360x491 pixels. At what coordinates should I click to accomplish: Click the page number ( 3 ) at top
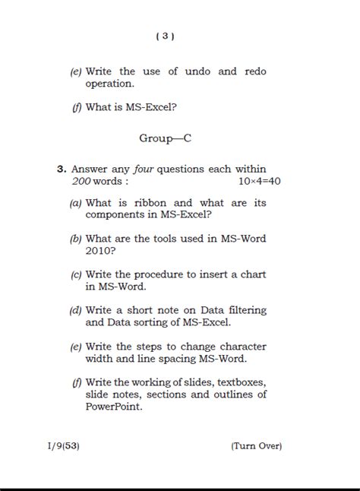(165, 36)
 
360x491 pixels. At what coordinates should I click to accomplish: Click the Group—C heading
(165, 138)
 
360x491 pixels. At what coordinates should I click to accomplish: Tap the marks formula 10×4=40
(259, 181)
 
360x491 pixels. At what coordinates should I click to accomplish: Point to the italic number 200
(81, 181)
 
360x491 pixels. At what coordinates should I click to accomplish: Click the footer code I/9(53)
(62, 446)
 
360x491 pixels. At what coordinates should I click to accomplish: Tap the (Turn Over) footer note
(256, 446)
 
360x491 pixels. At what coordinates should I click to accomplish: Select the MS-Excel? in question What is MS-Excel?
(152, 107)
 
